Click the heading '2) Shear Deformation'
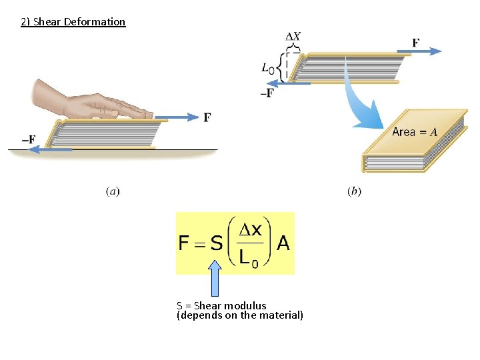[73, 22]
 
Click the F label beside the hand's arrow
[207, 117]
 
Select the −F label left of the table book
[29, 139]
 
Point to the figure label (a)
[113, 191]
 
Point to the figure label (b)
[354, 191]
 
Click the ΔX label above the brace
[293, 36]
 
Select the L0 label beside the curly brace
[268, 67]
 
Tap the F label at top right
[416, 43]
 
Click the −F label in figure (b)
[267, 93]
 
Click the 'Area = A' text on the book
[415, 132]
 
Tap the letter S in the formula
[216, 243]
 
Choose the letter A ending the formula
[283, 243]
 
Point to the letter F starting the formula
[185, 243]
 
